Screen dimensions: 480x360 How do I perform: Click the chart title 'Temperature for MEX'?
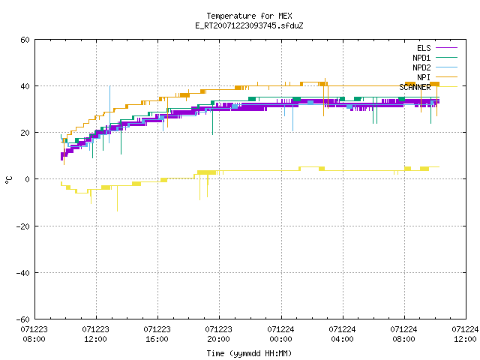click(x=249, y=16)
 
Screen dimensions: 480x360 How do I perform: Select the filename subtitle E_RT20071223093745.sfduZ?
click(x=249, y=25)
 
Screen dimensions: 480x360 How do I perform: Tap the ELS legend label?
click(x=424, y=48)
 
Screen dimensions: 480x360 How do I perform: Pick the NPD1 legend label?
click(x=421, y=58)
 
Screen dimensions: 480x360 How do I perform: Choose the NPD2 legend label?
click(x=421, y=67)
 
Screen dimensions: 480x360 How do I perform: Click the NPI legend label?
click(x=424, y=77)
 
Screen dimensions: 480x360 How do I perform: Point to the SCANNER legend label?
click(x=415, y=87)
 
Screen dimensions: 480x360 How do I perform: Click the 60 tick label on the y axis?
click(x=25, y=40)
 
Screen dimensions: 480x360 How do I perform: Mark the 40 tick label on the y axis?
click(x=25, y=86)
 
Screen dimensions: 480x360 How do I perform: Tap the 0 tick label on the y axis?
click(x=28, y=179)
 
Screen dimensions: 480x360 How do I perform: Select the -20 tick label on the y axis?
click(x=23, y=226)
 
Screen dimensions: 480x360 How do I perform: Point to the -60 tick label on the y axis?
click(x=23, y=319)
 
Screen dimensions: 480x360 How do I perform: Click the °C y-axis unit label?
click(x=9, y=180)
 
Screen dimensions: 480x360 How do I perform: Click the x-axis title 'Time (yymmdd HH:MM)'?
click(x=249, y=353)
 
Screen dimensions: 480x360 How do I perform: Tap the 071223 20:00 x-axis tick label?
click(x=218, y=334)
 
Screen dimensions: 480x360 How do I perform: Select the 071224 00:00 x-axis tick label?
click(x=280, y=334)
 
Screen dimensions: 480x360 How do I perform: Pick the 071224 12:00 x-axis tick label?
click(x=465, y=334)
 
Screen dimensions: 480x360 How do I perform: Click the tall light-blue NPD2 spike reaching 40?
click(x=110, y=114)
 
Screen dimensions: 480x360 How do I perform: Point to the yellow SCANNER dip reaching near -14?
click(x=117, y=198)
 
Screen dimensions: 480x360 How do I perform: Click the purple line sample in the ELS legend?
click(x=446, y=48)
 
